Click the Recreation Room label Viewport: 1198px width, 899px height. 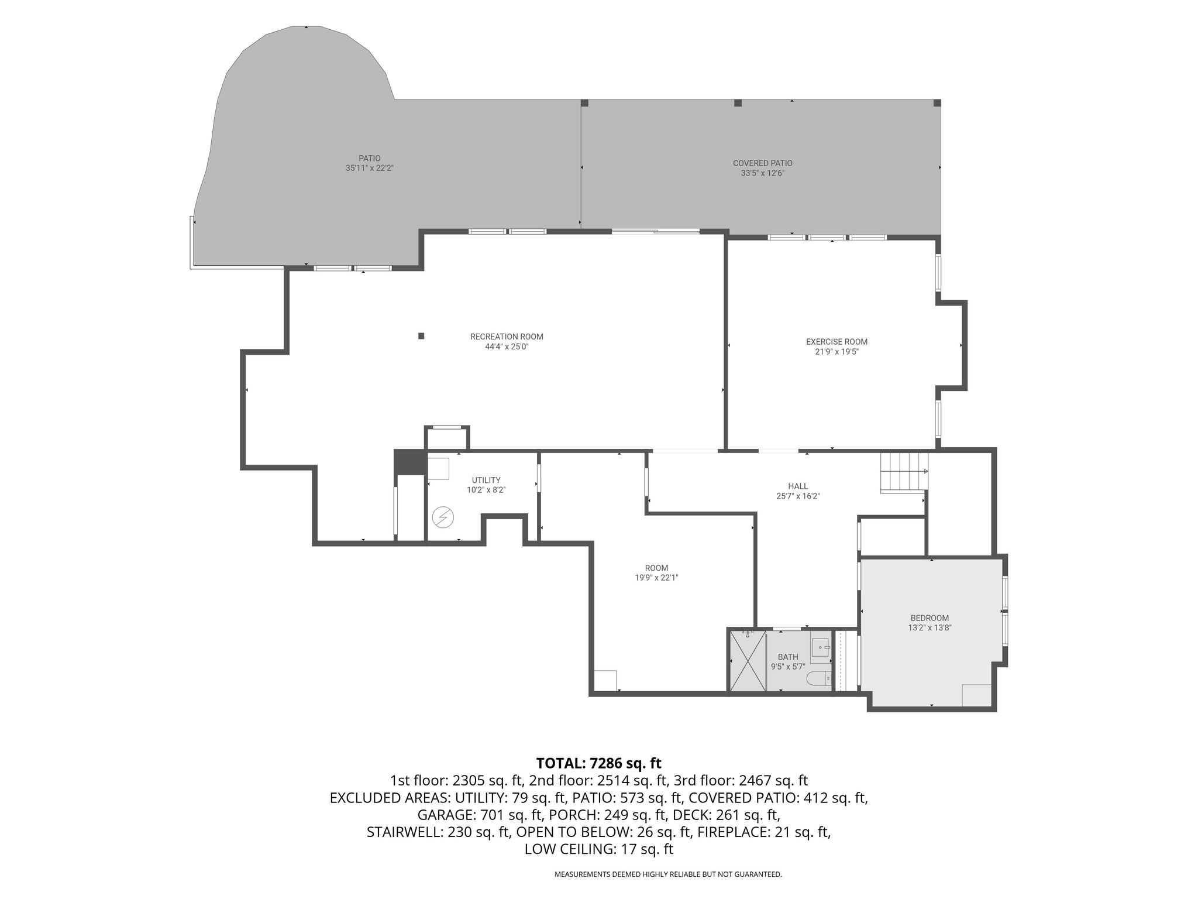click(507, 337)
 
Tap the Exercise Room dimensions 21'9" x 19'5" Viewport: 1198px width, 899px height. click(836, 352)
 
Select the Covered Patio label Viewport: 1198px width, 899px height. click(763, 163)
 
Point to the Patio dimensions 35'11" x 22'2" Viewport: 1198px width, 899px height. click(370, 168)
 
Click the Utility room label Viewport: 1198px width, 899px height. click(486, 481)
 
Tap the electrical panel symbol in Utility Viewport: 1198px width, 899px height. click(443, 517)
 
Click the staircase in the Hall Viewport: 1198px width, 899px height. click(904, 472)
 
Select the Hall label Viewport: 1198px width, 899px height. click(798, 486)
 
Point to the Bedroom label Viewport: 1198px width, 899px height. click(930, 618)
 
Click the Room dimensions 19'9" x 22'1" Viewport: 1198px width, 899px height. click(656, 578)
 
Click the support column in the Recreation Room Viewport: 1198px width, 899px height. click(421, 336)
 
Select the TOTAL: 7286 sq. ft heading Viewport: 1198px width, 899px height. click(598, 763)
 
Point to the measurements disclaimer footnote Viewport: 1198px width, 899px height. click(668, 874)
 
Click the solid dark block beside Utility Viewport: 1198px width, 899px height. click(410, 462)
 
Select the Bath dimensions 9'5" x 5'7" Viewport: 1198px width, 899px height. click(788, 667)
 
